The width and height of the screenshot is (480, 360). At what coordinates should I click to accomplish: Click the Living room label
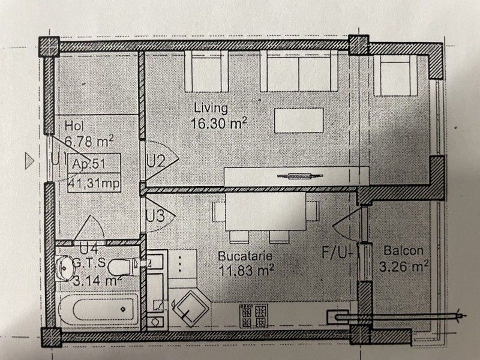(211, 109)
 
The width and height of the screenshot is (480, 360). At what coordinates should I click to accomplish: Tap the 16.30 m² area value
(218, 124)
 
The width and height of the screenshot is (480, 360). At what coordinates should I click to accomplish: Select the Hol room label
(74, 126)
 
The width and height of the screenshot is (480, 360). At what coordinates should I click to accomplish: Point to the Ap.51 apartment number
(88, 164)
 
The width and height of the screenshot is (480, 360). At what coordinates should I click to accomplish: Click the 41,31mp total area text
(94, 183)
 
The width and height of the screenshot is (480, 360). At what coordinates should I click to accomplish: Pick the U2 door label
(156, 161)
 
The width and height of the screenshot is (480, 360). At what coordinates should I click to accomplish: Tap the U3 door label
(155, 215)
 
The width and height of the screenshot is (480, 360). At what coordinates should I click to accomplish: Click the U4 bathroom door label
(89, 248)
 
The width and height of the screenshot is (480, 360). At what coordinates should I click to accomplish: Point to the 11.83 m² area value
(246, 271)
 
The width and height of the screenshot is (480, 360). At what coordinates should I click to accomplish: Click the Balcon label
(403, 251)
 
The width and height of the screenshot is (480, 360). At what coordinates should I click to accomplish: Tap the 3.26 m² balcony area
(403, 266)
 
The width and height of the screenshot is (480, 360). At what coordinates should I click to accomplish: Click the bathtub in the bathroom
(98, 309)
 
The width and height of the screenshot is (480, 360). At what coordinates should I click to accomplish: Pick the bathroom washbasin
(65, 268)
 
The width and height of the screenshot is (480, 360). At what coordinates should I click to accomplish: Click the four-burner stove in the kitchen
(253, 316)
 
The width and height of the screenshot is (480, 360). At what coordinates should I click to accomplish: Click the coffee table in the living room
(299, 121)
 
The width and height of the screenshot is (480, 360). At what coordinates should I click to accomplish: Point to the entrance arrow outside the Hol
(29, 161)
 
